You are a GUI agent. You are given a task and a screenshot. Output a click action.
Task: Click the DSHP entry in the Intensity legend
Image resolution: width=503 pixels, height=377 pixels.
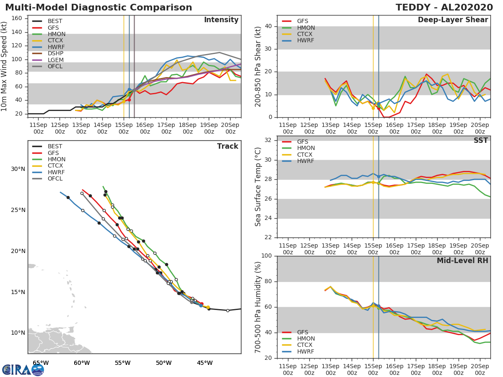tap(55, 53)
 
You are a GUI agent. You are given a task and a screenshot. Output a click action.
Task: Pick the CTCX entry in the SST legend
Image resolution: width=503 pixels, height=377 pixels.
tap(306, 155)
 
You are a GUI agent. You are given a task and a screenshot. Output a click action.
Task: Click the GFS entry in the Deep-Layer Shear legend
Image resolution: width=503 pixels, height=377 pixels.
tap(303, 21)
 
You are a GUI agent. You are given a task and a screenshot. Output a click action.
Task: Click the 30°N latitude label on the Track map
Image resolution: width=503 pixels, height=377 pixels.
tap(17, 169)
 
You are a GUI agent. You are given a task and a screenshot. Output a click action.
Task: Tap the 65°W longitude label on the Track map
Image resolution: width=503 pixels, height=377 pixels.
tap(40, 363)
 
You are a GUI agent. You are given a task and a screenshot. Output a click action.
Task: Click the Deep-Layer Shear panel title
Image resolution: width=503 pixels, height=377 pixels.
tap(453, 20)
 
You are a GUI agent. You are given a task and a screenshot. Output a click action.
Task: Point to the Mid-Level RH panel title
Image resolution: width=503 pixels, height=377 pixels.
tap(462, 261)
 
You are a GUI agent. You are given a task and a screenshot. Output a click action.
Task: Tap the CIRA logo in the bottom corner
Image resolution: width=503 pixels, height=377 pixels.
tap(23, 370)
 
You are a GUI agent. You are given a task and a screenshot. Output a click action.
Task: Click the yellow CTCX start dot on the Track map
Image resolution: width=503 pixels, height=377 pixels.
tap(208, 307)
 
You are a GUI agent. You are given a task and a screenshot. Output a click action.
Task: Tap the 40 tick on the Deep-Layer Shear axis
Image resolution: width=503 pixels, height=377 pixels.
tap(269, 26)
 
